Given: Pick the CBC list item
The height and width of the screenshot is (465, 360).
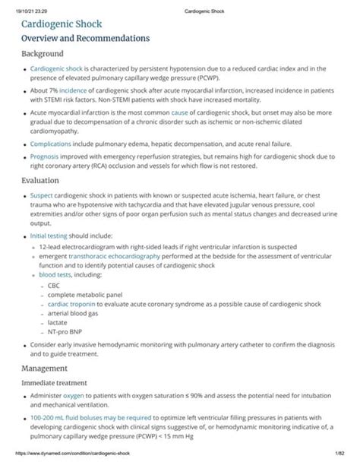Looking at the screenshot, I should (x=54, y=286).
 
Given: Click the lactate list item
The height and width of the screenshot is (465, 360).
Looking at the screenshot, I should (x=57, y=322).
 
